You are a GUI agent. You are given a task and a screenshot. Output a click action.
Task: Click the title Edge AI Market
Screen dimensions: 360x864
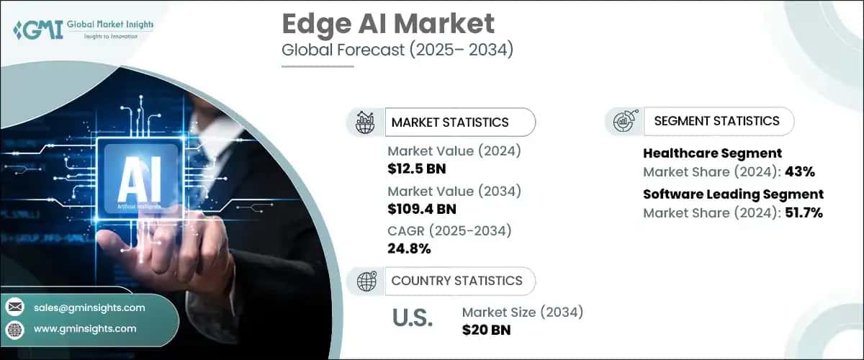pyautogui.click(x=388, y=24)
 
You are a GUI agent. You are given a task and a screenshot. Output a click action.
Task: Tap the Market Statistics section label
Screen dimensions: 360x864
pyautogui.click(x=450, y=122)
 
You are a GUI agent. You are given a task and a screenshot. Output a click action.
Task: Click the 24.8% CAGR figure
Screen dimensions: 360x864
pyautogui.click(x=409, y=249)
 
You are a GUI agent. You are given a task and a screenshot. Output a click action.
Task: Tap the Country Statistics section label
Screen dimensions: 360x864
pyautogui.click(x=456, y=281)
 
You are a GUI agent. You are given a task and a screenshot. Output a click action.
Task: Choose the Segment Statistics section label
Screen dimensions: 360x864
pyautogui.click(x=716, y=121)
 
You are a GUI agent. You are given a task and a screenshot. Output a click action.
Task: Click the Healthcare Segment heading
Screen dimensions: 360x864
pyautogui.click(x=712, y=153)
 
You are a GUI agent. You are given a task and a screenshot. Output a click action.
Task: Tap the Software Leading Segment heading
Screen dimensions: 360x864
pyautogui.click(x=733, y=194)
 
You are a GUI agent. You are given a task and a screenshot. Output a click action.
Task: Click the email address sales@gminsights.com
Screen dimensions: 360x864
pyautogui.click(x=89, y=307)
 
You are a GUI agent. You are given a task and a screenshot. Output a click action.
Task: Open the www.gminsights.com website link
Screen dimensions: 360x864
pyautogui.click(x=85, y=328)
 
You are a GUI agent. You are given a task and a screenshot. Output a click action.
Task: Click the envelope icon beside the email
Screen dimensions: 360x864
pyautogui.click(x=14, y=307)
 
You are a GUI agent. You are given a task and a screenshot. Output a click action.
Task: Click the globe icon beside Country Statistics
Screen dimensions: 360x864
pyautogui.click(x=366, y=281)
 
